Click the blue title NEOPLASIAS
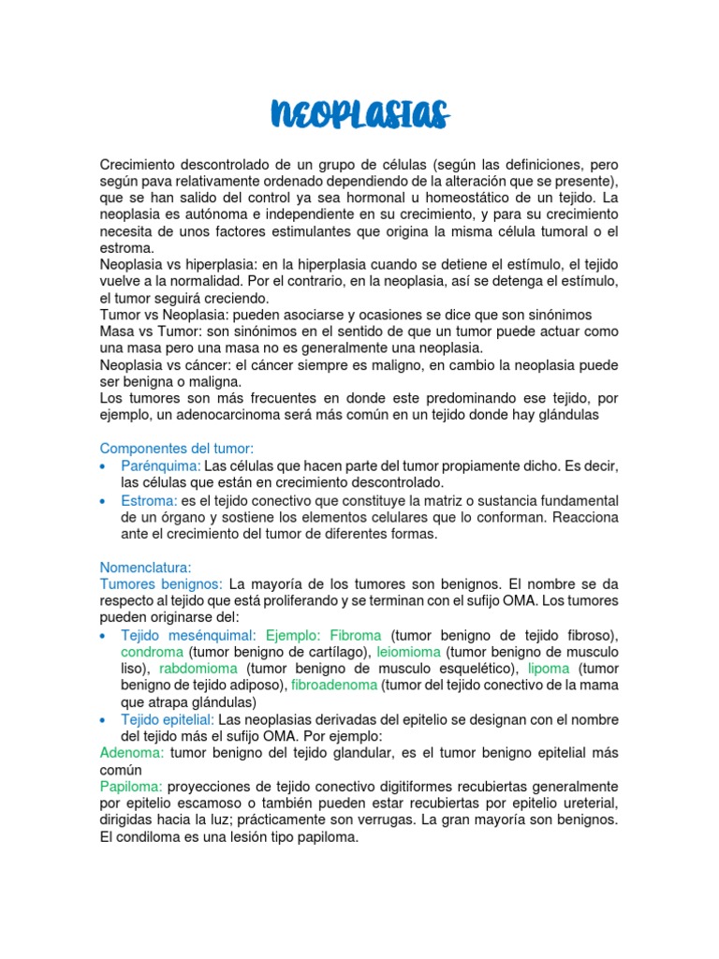click(359, 114)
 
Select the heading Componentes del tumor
click(177, 450)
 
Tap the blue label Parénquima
click(160, 466)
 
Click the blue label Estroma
click(149, 501)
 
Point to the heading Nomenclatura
click(145, 568)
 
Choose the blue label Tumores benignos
click(161, 584)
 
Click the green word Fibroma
click(357, 635)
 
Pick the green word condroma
click(152, 652)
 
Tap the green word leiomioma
click(409, 652)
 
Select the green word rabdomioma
click(199, 669)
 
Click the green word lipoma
click(549, 669)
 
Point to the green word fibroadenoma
click(334, 686)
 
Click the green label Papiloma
click(131, 787)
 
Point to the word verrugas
click(473, 820)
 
